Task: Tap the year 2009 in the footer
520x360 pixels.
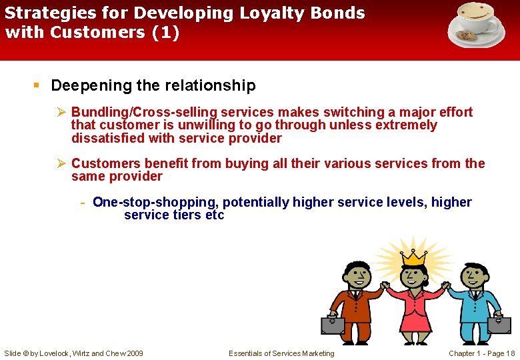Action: click(134, 353)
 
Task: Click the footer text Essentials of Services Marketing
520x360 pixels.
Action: click(281, 353)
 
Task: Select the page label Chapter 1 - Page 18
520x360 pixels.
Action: click(481, 353)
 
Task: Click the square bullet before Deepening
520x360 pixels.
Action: click(38, 85)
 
